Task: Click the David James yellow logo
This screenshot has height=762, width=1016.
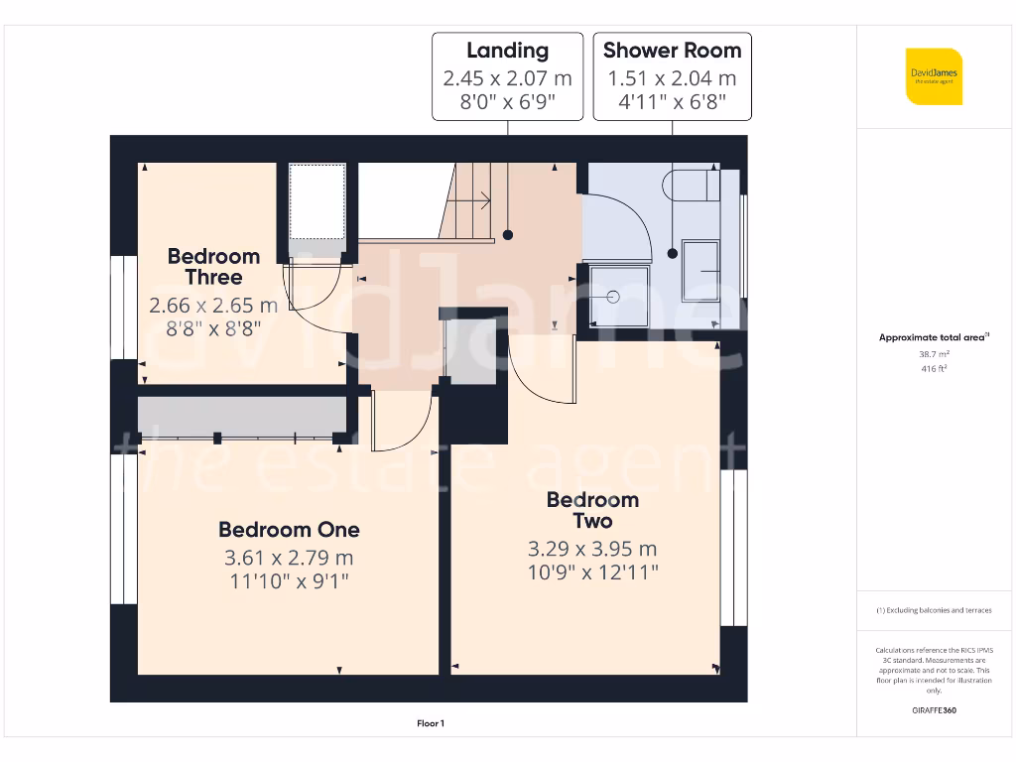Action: tap(933, 75)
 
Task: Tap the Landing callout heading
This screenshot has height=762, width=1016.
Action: tap(507, 51)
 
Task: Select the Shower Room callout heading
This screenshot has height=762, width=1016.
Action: tap(672, 51)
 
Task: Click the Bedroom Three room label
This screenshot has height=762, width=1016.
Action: tap(213, 267)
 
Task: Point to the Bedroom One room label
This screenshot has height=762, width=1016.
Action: tap(289, 530)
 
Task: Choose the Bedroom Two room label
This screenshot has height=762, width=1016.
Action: tap(592, 510)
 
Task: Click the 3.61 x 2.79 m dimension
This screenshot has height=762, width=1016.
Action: tap(289, 559)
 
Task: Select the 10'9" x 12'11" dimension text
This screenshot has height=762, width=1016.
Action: tap(592, 571)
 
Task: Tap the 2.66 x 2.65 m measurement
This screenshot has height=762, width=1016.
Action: tap(213, 306)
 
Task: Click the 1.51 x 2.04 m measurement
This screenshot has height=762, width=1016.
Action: tap(672, 78)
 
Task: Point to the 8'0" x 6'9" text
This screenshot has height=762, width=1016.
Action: tap(507, 101)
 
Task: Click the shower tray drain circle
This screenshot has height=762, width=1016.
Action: tap(612, 296)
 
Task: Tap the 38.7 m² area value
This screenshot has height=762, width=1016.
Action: tap(934, 353)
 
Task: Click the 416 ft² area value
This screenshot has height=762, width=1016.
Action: tap(934, 368)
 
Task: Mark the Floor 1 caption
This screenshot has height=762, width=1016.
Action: tap(431, 724)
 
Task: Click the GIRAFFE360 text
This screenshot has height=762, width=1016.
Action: tap(934, 710)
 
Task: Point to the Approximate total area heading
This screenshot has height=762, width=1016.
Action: tap(933, 337)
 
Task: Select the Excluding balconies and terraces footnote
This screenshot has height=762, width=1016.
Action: tap(933, 610)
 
